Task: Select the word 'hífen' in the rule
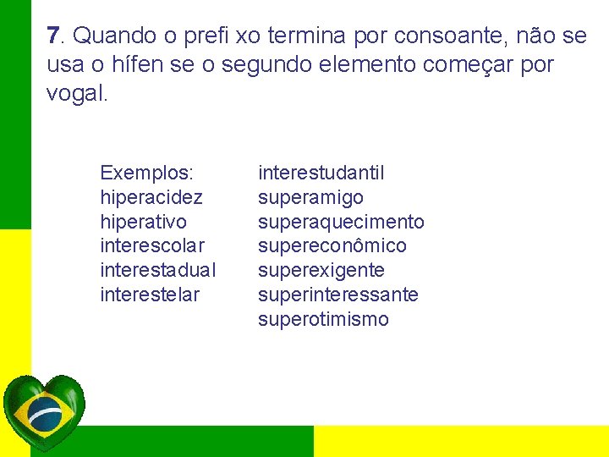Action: click(x=152, y=64)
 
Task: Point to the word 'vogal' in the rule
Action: click(x=74, y=93)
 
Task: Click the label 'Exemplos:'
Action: click(x=146, y=173)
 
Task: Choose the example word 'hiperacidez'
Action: click(x=151, y=198)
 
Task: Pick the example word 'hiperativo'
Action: click(x=144, y=222)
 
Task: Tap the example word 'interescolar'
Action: click(x=152, y=246)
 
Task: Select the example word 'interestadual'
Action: click(x=158, y=271)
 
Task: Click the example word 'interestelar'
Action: click(x=150, y=295)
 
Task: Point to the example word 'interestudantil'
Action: click(x=321, y=173)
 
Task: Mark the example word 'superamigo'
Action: click(x=310, y=198)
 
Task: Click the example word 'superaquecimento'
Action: click(x=341, y=222)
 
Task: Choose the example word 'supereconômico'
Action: click(x=332, y=246)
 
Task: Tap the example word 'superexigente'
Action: click(x=321, y=271)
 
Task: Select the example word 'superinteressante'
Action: click(x=337, y=295)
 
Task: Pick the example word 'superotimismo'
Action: click(x=323, y=320)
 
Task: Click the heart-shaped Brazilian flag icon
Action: click(x=44, y=413)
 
